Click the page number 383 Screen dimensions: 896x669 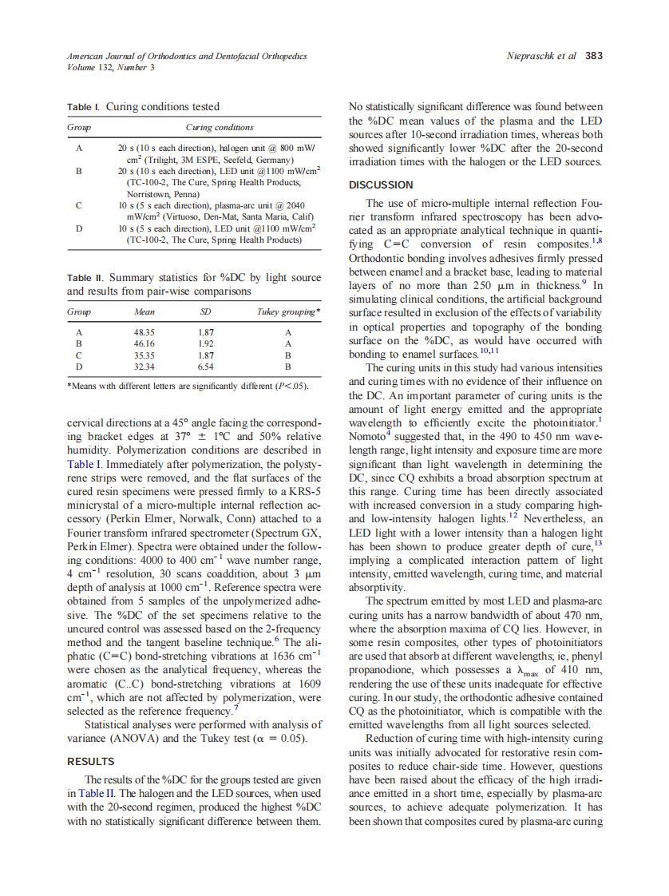pyautogui.click(x=593, y=56)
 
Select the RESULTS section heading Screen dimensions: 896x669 pyautogui.click(x=89, y=761)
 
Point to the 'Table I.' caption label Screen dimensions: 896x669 pyautogui.click(x=82, y=106)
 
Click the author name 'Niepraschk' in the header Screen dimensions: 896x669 pyautogui.click(x=532, y=56)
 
